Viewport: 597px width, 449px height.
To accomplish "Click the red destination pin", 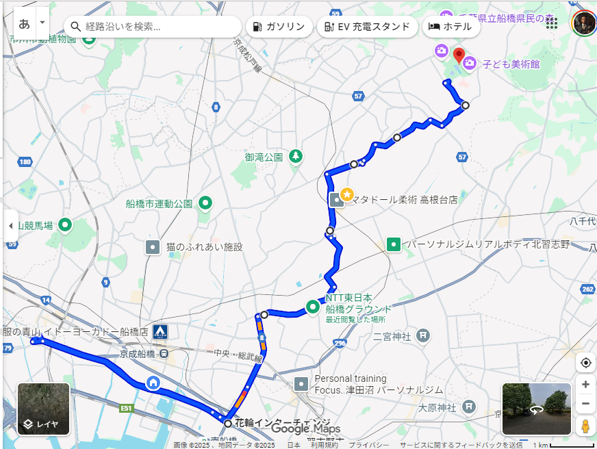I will [x=459, y=55].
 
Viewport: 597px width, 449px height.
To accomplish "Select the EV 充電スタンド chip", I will [x=368, y=27].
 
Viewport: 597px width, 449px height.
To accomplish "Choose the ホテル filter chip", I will [x=450, y=27].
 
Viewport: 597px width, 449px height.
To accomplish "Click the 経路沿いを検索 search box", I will [x=154, y=27].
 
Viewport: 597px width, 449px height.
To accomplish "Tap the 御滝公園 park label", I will [x=264, y=157].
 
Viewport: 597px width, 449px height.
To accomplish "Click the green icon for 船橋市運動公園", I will [x=205, y=203].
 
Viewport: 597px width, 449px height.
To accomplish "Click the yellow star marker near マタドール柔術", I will [x=347, y=194].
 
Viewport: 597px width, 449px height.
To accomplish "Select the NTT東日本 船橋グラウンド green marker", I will [x=314, y=306].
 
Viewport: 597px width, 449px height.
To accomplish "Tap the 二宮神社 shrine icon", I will [x=424, y=335].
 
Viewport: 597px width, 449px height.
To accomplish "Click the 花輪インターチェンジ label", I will [x=282, y=422].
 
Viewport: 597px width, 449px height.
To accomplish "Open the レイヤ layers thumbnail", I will [x=43, y=409].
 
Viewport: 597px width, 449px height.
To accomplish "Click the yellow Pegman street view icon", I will [x=585, y=426].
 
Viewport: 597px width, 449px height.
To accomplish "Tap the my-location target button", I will [x=585, y=363].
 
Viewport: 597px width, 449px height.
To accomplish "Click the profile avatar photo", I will [x=584, y=23].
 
